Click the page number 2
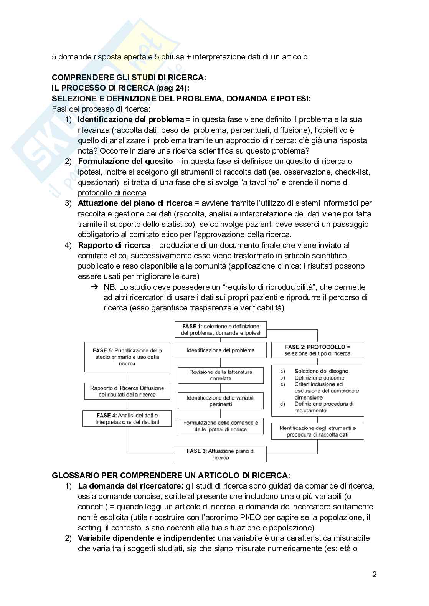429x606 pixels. [x=374, y=575]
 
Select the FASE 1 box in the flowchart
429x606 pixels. [x=221, y=330]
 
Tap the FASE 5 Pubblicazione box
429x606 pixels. [x=127, y=357]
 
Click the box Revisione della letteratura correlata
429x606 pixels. [x=221, y=375]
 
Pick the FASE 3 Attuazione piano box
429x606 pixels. [x=221, y=454]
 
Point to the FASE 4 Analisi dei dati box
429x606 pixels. [x=127, y=418]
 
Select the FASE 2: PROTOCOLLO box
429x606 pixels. [x=317, y=350]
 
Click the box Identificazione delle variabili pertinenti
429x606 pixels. [x=221, y=401]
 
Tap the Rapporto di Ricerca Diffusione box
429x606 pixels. [x=127, y=391]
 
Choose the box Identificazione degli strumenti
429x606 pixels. [x=317, y=431]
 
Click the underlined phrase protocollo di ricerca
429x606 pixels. [x=112, y=193]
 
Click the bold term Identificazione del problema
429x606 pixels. [x=131, y=119]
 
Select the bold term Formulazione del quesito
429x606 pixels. [x=125, y=161]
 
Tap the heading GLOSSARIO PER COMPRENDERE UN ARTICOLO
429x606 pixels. [x=171, y=475]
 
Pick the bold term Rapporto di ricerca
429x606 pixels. [x=114, y=245]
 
